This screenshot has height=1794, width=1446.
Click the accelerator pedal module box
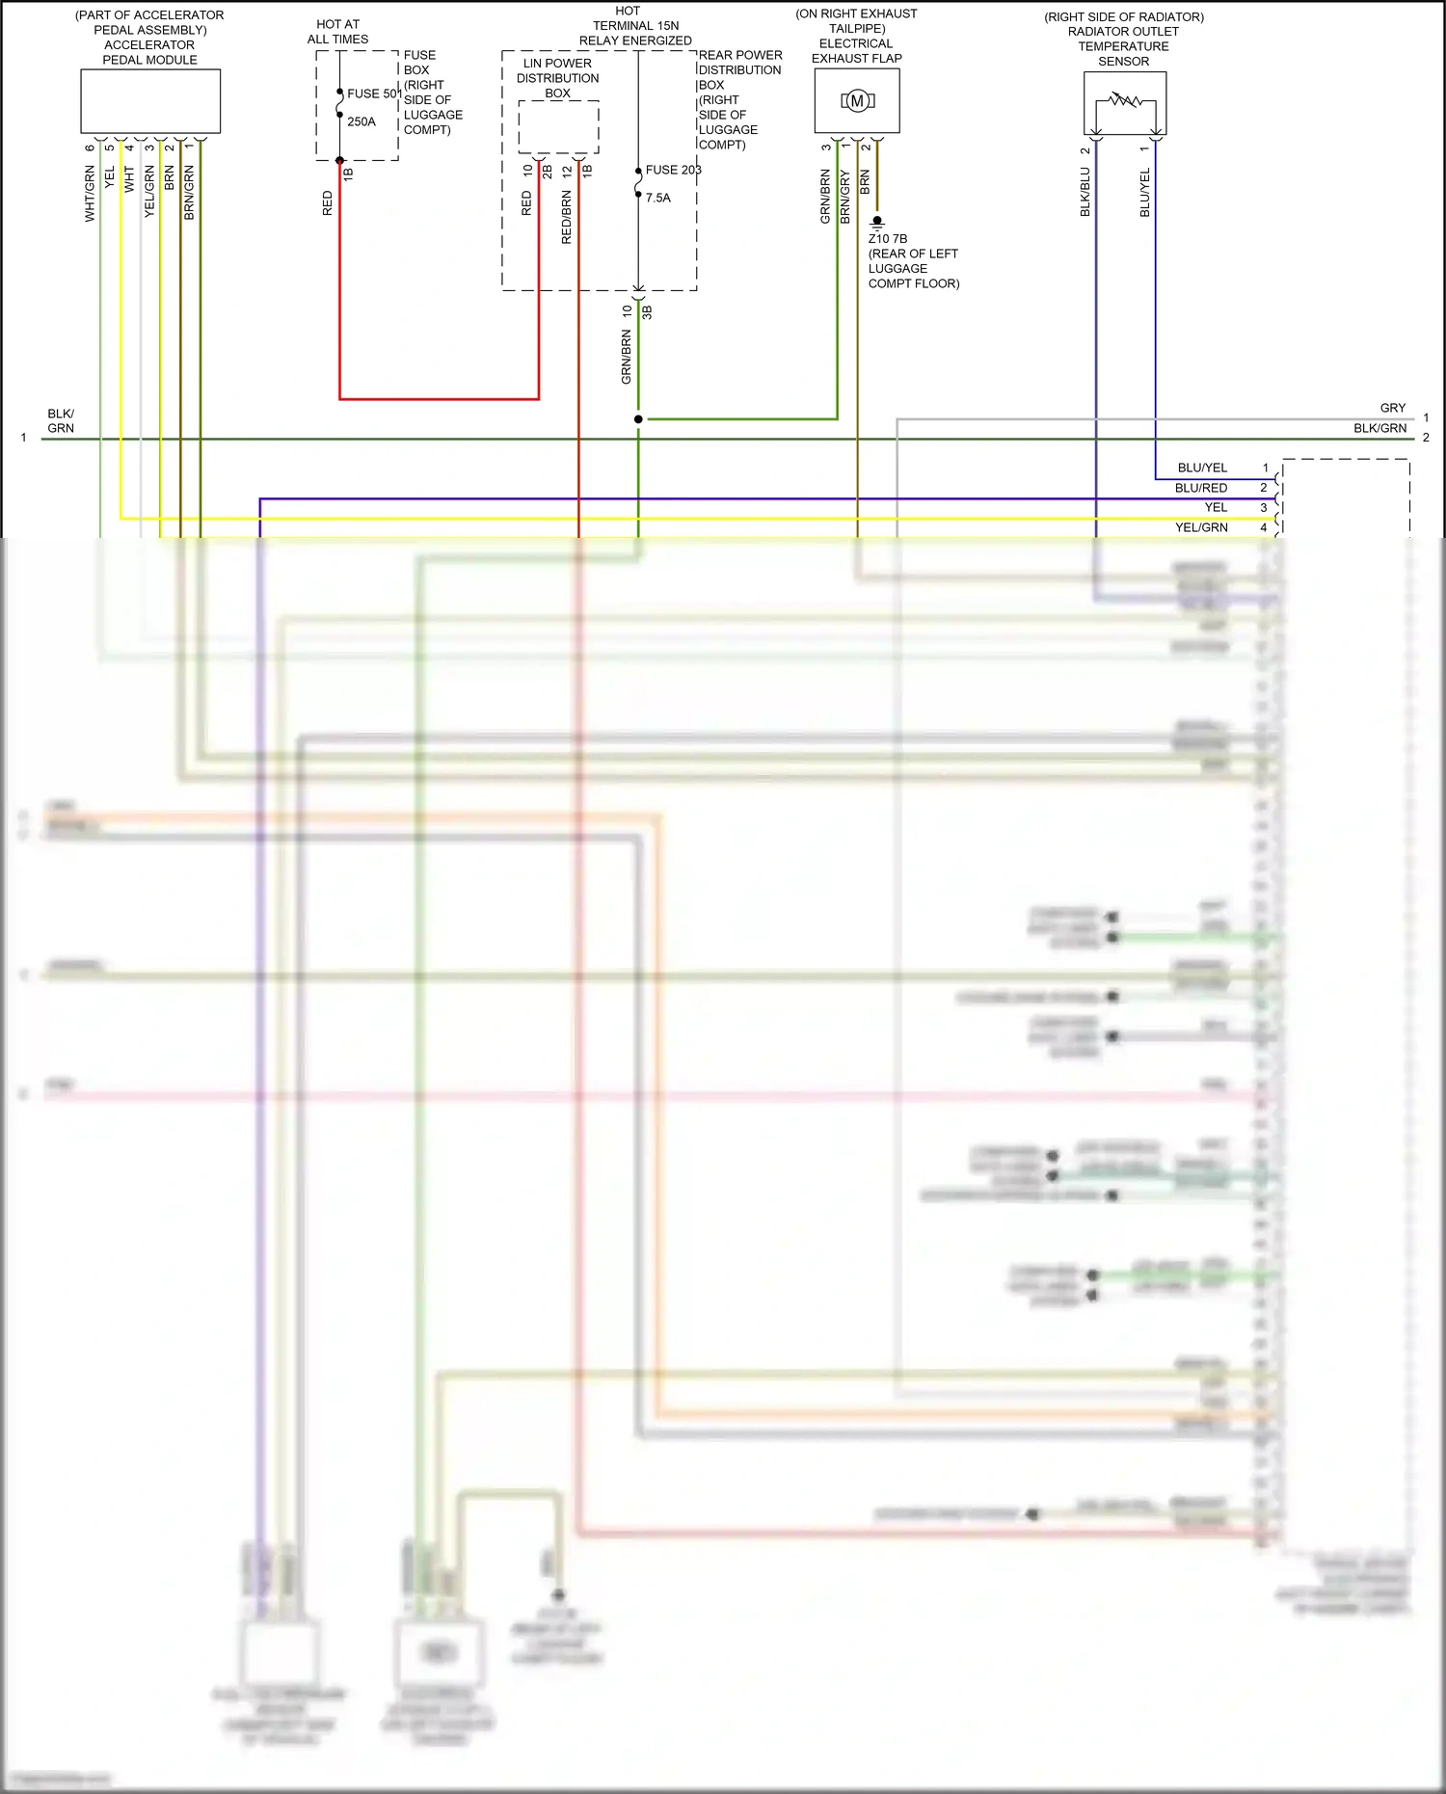coord(150,101)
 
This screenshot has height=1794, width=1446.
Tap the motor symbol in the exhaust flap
coord(857,101)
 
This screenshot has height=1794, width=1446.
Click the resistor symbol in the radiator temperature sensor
coord(1125,99)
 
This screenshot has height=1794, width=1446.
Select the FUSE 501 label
coord(374,94)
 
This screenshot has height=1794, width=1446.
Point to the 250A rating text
coord(361,121)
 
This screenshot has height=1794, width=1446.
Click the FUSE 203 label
coord(673,170)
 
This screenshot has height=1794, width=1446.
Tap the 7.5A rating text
coord(658,198)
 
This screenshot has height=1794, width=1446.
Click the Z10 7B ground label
coord(888,238)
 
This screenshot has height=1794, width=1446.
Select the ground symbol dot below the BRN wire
coord(877,222)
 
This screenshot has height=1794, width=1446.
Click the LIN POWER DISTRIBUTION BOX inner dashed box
coord(559,126)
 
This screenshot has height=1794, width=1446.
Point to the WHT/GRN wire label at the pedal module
coord(90,193)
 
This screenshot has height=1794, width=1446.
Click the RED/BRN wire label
coord(566,216)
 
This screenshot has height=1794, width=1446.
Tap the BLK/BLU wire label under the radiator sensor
coord(1084,191)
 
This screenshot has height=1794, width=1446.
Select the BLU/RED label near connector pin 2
coord(1201,488)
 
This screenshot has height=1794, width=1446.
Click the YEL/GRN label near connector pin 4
coord(1201,527)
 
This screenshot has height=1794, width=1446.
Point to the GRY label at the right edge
coord(1393,408)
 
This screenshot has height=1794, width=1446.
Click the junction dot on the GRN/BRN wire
coord(638,419)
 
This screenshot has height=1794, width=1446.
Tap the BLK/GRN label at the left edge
coord(61,420)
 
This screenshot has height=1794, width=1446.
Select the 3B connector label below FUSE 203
coord(647,312)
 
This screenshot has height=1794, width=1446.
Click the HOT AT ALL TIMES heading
coord(337,32)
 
